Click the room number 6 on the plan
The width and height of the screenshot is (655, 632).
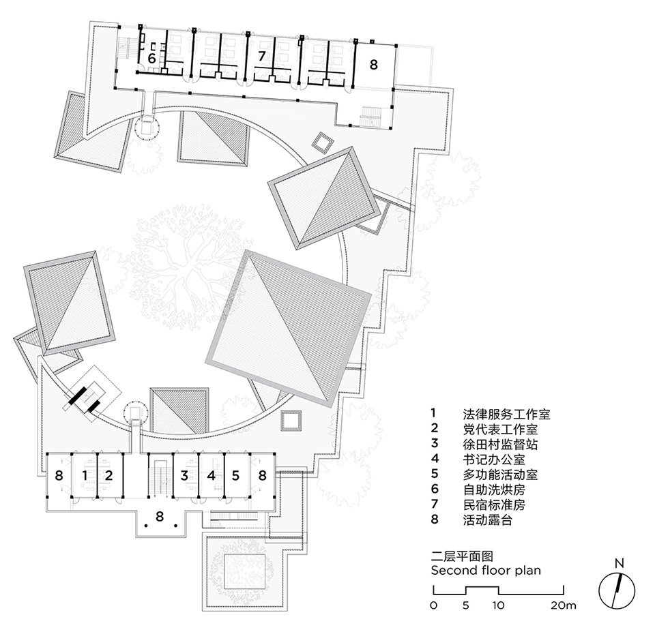(151, 59)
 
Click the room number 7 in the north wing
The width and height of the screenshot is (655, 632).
(262, 56)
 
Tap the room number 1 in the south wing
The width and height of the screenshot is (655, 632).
(85, 475)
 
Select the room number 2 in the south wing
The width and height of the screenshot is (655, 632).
(108, 475)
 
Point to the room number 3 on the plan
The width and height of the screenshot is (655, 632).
(184, 475)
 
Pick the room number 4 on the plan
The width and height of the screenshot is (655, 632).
(212, 475)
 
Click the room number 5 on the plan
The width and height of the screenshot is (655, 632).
(235, 475)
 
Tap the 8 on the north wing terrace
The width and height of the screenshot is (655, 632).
(373, 64)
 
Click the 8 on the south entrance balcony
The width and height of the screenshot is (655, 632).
(160, 516)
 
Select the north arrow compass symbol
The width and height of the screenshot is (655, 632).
(617, 591)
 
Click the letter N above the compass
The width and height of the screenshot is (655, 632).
(619, 563)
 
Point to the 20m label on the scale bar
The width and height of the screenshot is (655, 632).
(563, 605)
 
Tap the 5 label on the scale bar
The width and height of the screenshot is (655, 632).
(466, 605)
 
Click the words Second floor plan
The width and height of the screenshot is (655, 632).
(486, 570)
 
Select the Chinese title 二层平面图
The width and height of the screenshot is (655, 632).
(462, 556)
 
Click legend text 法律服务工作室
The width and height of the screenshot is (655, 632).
(506, 414)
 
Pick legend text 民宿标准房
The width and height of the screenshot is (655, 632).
(494, 505)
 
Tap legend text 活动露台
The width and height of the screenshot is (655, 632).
(487, 520)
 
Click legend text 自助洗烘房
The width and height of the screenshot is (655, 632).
(494, 490)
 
